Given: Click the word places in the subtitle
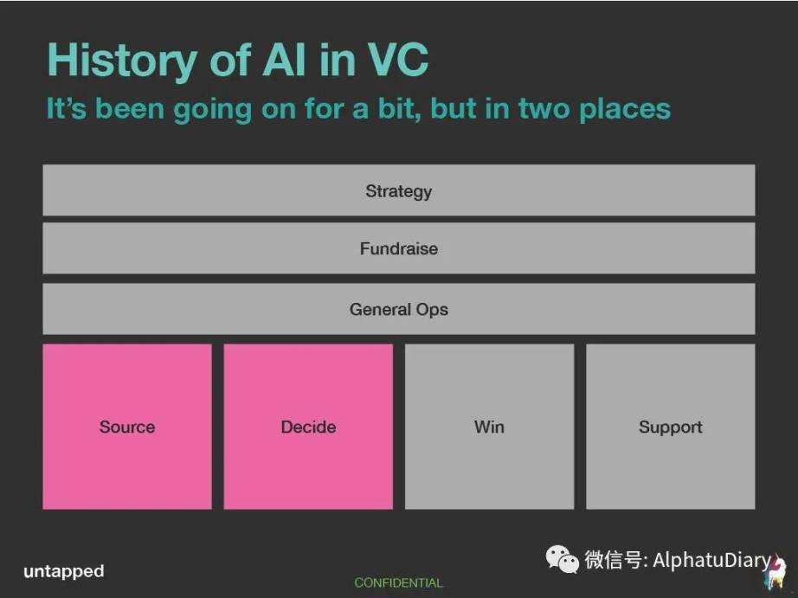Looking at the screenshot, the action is click(x=625, y=110).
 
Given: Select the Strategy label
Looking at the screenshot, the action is click(x=398, y=191).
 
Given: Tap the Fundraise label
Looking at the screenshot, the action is click(x=398, y=248).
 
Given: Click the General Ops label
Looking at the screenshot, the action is click(x=398, y=310).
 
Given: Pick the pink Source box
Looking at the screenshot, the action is click(x=127, y=427).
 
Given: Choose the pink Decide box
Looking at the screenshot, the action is click(x=308, y=427).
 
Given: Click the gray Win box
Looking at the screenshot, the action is click(x=490, y=427).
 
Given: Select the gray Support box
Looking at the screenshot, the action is click(x=671, y=427).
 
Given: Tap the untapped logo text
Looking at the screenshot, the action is click(x=64, y=571).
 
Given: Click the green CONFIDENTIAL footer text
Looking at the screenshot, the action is click(x=398, y=582).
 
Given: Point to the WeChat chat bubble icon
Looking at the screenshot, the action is click(x=562, y=559).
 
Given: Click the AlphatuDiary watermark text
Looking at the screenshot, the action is click(x=711, y=560).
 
